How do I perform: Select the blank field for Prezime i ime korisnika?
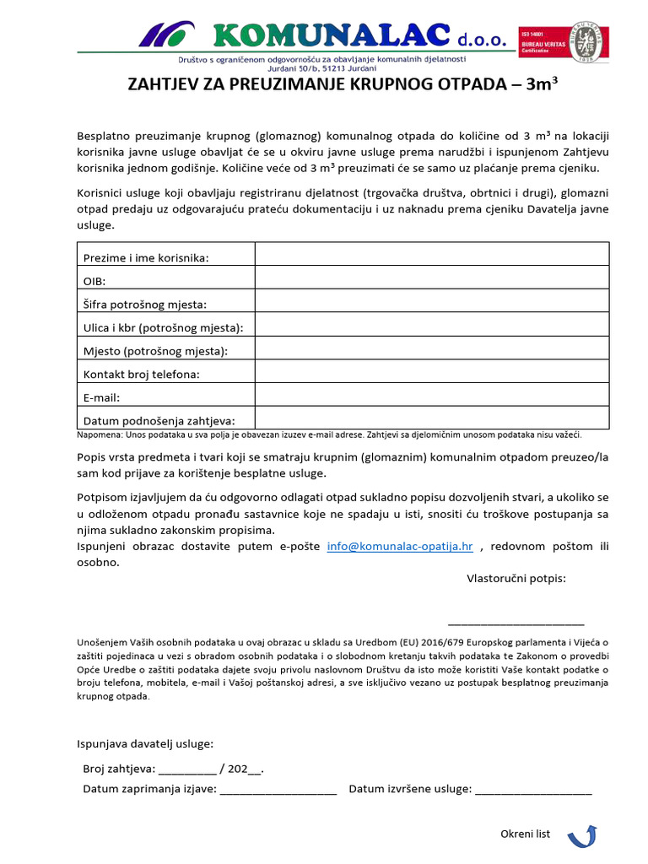click(431, 254)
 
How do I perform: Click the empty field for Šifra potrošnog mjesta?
click(431, 301)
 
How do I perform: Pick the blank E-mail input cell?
click(431, 394)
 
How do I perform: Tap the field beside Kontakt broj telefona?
click(431, 371)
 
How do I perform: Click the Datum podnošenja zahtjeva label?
click(159, 420)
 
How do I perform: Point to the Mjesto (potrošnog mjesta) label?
click(155, 350)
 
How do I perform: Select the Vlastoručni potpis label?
click(516, 578)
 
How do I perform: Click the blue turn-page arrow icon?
click(582, 836)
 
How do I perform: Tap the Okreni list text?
click(525, 834)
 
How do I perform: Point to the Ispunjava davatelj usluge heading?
click(145, 743)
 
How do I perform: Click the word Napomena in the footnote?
click(100, 435)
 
